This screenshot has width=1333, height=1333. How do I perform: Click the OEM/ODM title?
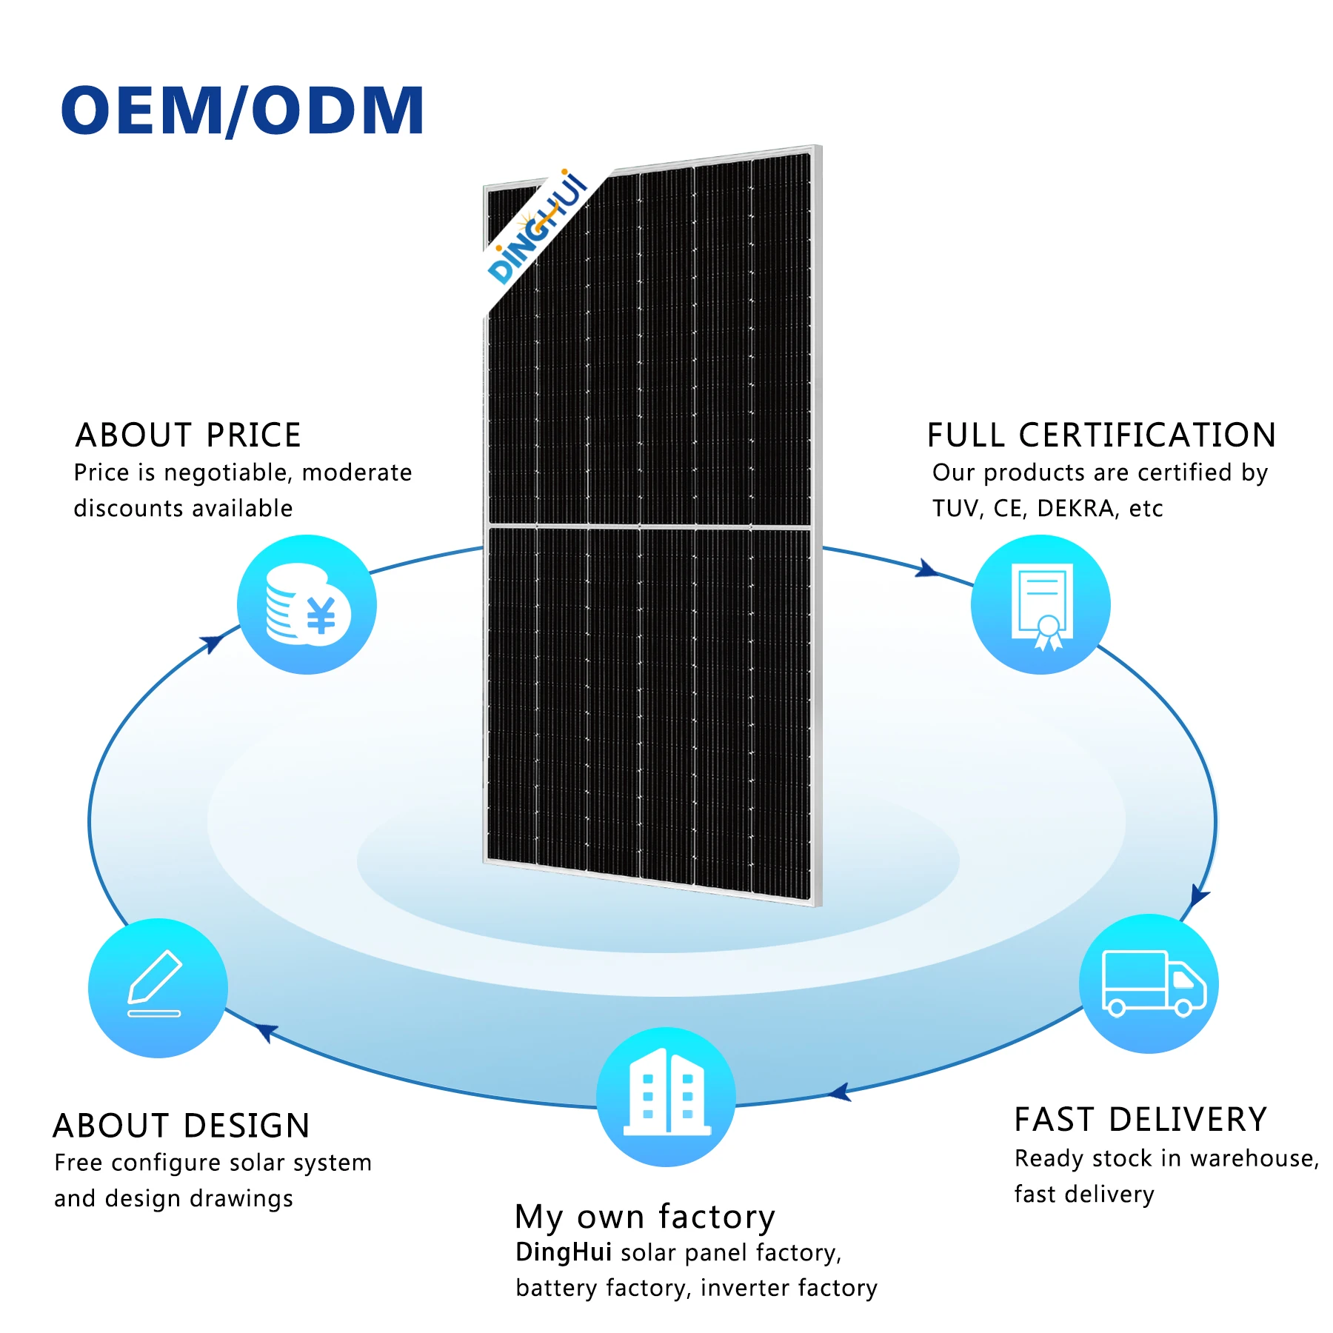coord(242,110)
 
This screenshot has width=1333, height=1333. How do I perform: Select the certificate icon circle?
coord(1040,605)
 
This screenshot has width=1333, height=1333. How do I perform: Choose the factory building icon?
coord(666,1097)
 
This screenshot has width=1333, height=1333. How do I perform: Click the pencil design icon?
coord(158,988)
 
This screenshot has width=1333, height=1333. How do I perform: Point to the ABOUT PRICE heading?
coord(188,435)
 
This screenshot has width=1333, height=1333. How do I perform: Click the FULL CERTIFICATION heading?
coord(1101,435)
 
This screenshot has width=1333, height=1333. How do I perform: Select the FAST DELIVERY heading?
coord(1140,1119)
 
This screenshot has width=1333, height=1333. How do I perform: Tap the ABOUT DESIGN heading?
coord(181,1126)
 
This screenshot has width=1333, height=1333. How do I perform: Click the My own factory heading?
coord(645,1217)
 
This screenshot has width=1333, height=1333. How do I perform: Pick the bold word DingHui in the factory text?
coord(564,1252)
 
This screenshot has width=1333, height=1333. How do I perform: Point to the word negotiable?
coord(226,472)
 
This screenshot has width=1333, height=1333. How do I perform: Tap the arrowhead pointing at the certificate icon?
coord(926,569)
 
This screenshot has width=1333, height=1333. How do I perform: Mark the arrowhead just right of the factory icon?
coord(840,1092)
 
